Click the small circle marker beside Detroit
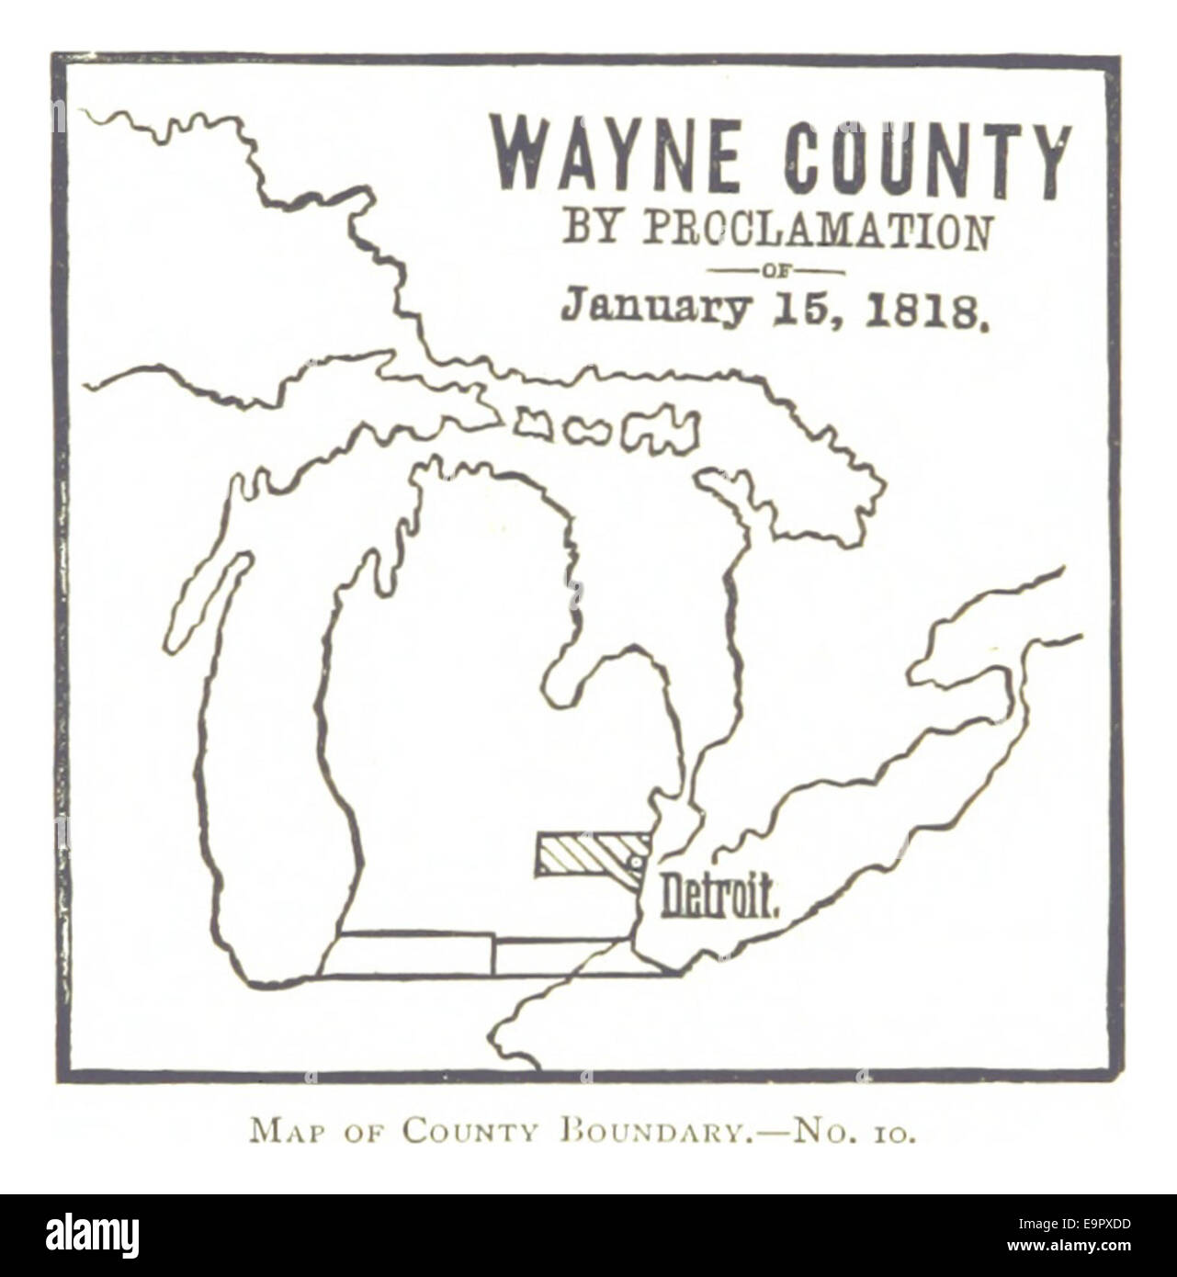pos(633,863)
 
